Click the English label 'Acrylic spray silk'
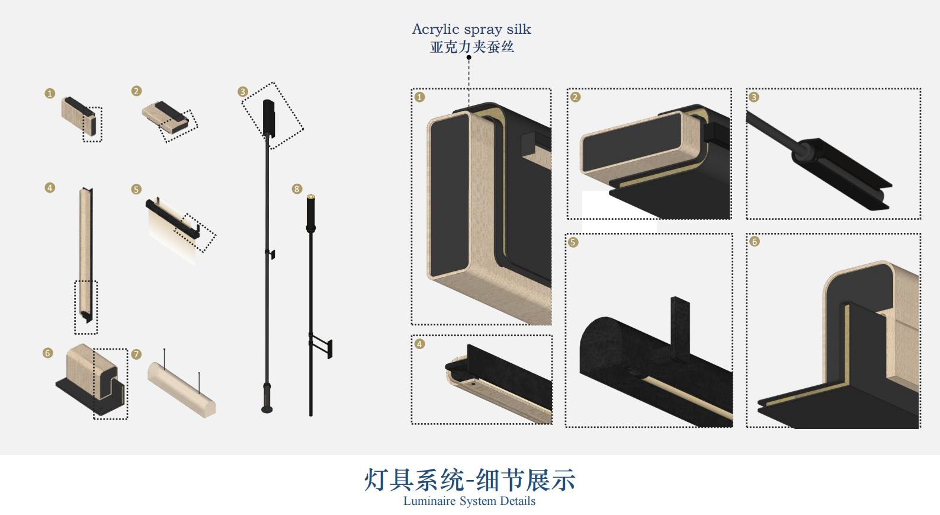click(471, 29)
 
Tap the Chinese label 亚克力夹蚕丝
click(471, 47)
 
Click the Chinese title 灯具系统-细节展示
click(470, 480)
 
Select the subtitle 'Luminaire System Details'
click(469, 501)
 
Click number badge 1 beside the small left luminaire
click(50, 93)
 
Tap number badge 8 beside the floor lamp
click(297, 189)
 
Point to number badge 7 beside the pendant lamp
click(136, 354)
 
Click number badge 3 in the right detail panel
click(753, 97)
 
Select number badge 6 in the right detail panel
click(755, 242)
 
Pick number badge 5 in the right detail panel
click(573, 242)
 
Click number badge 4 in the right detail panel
click(419, 344)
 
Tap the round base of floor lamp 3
click(267, 410)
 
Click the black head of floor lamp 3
click(268, 118)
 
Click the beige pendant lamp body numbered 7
click(182, 390)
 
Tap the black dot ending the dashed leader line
click(469, 57)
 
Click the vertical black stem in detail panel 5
click(680, 328)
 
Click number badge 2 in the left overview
click(136, 91)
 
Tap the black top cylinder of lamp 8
click(311, 213)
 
